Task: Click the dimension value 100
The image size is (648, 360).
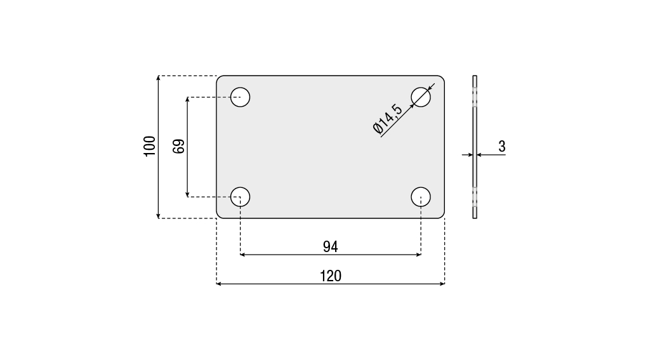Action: pyautogui.click(x=150, y=146)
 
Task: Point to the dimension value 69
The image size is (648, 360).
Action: pyautogui.click(x=178, y=147)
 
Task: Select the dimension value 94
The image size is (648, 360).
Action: pyautogui.click(x=331, y=247)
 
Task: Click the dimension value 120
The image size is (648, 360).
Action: pyautogui.click(x=331, y=276)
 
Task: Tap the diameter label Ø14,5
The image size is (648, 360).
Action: pyautogui.click(x=387, y=119)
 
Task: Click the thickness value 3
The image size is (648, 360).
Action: pyautogui.click(x=501, y=146)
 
